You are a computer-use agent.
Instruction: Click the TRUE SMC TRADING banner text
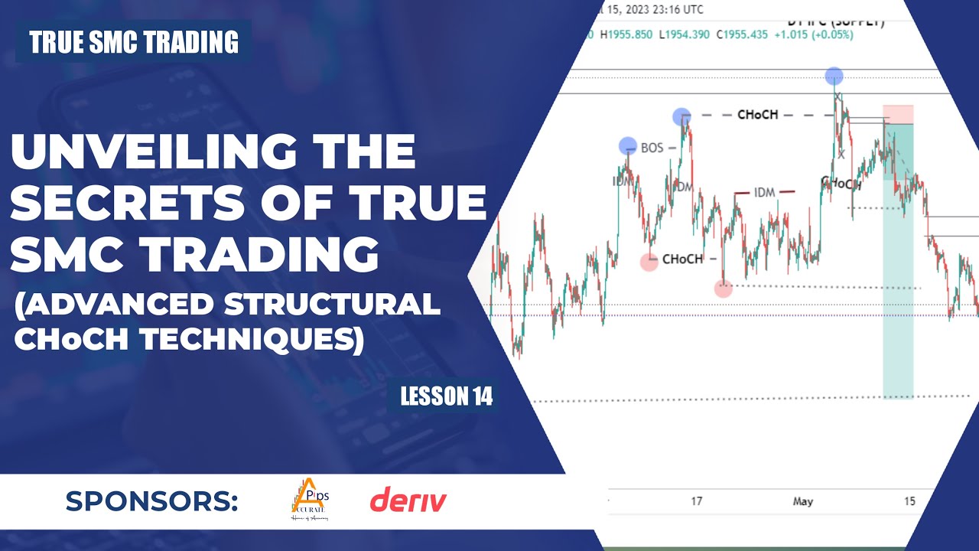tap(134, 42)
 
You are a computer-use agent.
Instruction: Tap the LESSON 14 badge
tap(446, 396)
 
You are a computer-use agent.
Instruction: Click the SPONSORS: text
tap(151, 501)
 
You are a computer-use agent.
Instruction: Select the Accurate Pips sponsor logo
tap(310, 501)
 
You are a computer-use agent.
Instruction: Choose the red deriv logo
tap(408, 501)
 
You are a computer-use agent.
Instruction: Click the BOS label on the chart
tap(652, 148)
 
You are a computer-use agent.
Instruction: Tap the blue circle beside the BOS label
tap(627, 145)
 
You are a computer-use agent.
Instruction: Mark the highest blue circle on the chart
tap(834, 76)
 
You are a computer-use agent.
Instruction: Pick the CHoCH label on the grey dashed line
tap(757, 115)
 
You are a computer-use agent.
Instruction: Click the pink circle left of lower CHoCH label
tap(649, 262)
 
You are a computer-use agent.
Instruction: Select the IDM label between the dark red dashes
tap(764, 193)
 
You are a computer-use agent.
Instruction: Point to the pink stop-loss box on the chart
tap(898, 114)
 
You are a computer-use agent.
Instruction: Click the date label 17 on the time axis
tap(696, 501)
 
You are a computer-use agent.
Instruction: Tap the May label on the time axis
tap(802, 501)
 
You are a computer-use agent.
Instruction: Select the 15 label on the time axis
tap(909, 501)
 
